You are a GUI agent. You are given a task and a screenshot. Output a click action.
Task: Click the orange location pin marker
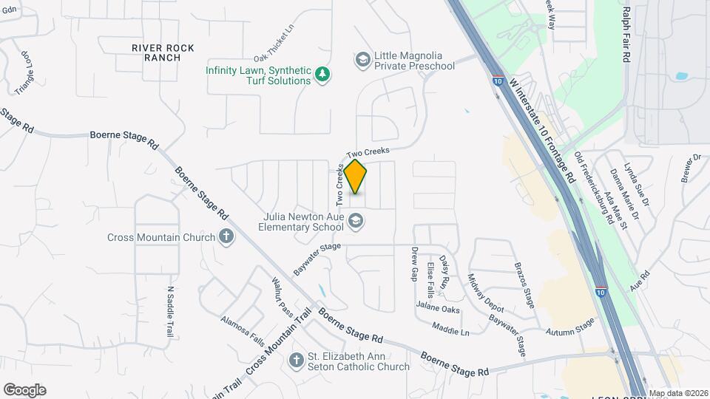point(356,176)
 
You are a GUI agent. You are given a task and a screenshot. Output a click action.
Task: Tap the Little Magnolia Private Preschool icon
point(362,59)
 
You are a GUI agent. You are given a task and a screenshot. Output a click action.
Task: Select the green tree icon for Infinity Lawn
point(322,74)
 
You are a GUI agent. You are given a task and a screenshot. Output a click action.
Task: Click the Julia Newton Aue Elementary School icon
point(356,221)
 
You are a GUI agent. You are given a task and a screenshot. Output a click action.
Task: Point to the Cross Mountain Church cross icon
point(226,237)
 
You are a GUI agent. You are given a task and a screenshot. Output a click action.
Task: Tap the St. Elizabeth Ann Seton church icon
point(296,361)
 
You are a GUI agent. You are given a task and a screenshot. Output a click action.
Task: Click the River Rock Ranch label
point(163,52)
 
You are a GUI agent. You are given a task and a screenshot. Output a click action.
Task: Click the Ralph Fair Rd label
point(626,34)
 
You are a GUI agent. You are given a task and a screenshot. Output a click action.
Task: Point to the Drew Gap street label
point(415,264)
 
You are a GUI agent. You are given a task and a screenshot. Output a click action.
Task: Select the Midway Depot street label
point(485,293)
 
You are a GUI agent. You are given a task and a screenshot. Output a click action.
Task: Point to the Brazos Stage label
point(524,283)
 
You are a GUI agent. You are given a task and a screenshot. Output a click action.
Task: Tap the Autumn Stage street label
point(570,328)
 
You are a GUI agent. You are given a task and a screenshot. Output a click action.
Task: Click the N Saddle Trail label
point(170,311)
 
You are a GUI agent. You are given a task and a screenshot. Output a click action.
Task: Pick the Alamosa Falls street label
point(243,330)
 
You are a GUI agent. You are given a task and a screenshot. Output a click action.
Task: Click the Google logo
point(24,390)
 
